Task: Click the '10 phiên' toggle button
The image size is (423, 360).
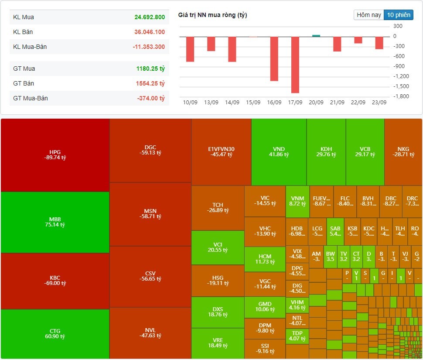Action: pos(398,15)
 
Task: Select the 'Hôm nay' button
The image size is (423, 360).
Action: pos(369,15)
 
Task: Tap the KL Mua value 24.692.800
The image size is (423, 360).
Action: pos(150,17)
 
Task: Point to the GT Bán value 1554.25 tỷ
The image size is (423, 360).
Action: pos(150,83)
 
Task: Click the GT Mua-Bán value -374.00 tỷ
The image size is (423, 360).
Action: pos(150,98)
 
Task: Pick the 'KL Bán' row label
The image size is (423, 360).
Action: pos(23,32)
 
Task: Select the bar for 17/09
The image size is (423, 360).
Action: pos(295,65)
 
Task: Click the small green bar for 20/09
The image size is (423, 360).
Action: pos(316,36)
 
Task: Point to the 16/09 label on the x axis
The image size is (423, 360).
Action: pos(274,103)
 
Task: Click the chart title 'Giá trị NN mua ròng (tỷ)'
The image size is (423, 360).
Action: pos(212,15)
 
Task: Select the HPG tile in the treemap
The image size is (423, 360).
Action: pos(55,155)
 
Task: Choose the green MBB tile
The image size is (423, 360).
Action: pos(55,222)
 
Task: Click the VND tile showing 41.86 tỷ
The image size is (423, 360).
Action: pos(278,152)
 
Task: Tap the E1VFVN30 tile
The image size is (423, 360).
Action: pos(221,152)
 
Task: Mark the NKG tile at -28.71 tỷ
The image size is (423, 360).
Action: pos(403,152)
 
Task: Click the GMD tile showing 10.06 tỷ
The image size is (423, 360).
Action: pos(265,307)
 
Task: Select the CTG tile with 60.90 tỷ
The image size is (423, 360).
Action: pos(55,333)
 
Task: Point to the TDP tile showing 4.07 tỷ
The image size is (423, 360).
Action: pos(297,336)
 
